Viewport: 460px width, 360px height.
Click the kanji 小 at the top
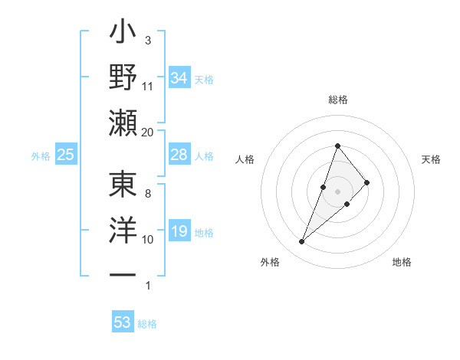click(123, 34)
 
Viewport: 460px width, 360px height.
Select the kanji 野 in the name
click(123, 78)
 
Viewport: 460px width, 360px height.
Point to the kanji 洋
click(123, 231)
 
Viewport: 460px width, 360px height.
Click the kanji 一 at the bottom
click(123, 275)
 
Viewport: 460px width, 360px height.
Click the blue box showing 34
click(179, 78)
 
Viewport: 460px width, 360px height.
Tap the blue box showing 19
click(179, 232)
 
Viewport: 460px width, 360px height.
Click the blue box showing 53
click(123, 322)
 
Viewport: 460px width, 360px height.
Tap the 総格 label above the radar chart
click(337, 100)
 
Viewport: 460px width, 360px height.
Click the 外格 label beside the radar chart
click(270, 263)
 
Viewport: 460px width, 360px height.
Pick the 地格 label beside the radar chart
click(402, 263)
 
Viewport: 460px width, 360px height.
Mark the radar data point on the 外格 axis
click(302, 242)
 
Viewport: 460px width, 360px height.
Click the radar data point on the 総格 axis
click(337, 146)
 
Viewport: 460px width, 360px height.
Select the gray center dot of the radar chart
click(337, 191)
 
